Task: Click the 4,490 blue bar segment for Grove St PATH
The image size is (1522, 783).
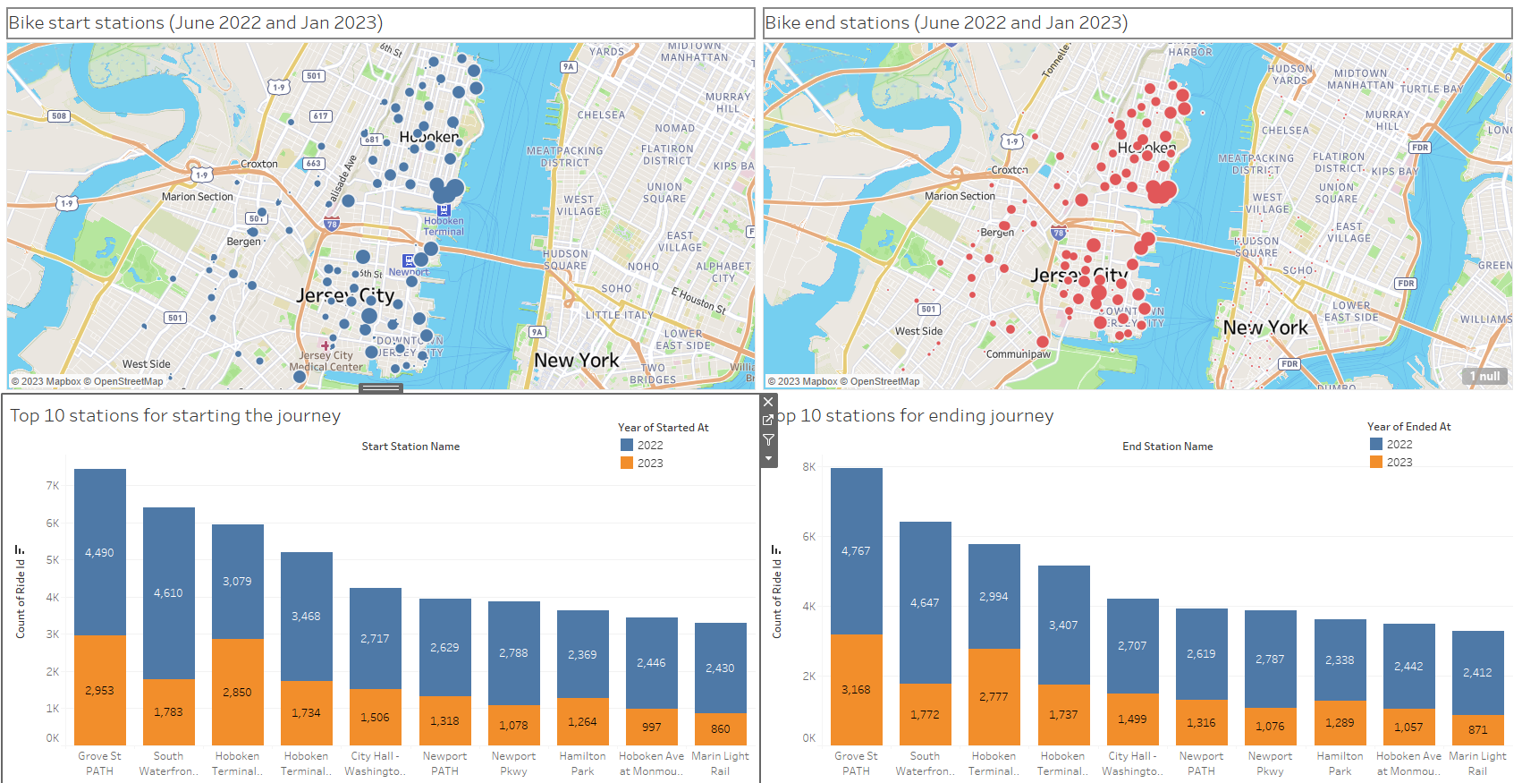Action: pyautogui.click(x=99, y=552)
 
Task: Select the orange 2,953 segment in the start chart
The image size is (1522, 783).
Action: pyautogui.click(x=99, y=690)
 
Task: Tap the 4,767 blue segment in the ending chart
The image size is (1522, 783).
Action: pyautogui.click(x=856, y=550)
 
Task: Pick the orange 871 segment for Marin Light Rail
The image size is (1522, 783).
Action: pyautogui.click(x=1477, y=729)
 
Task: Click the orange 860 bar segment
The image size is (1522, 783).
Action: pyautogui.click(x=720, y=728)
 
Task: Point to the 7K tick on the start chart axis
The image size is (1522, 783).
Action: pyautogui.click(x=53, y=486)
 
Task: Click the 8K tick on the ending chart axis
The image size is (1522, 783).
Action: pyautogui.click(x=809, y=467)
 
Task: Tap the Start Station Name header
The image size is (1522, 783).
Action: pyautogui.click(x=410, y=447)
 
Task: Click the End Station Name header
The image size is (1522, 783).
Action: pyautogui.click(x=1167, y=447)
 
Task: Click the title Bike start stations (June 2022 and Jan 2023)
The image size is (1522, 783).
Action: pyautogui.click(x=196, y=22)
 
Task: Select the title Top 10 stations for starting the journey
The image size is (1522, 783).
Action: pyautogui.click(x=175, y=415)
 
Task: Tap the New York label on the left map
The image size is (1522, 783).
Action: pyautogui.click(x=576, y=360)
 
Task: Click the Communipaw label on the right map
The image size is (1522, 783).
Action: pyautogui.click(x=1018, y=354)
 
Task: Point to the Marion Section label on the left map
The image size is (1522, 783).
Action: pyautogui.click(x=197, y=197)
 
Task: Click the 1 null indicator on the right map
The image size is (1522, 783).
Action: pyautogui.click(x=1484, y=376)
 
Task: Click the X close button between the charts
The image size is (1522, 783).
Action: pyautogui.click(x=768, y=402)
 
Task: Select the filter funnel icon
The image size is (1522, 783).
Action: pyautogui.click(x=768, y=439)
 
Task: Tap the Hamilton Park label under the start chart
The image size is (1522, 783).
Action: pyautogui.click(x=582, y=763)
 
